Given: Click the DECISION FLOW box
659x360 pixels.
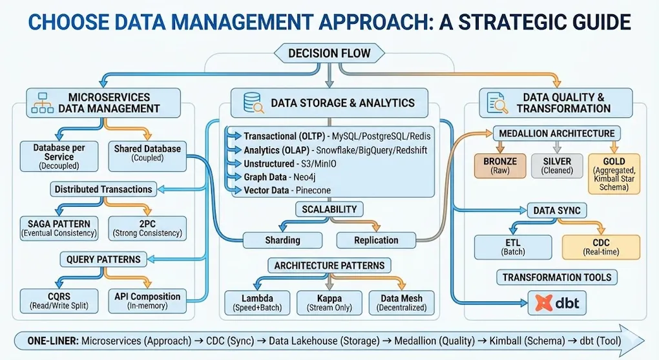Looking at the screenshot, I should pyautogui.click(x=329, y=53).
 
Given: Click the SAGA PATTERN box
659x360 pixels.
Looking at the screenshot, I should pyautogui.click(x=55, y=228).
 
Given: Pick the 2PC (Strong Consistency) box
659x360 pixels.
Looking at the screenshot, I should pyautogui.click(x=147, y=228).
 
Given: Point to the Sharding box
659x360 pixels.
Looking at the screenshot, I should pyautogui.click(x=283, y=240).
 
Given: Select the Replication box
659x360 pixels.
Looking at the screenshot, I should pyautogui.click(x=376, y=240).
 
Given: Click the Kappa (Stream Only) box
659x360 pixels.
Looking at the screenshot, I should pyautogui.click(x=329, y=302).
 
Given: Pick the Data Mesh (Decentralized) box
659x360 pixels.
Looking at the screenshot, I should pyautogui.click(x=402, y=302).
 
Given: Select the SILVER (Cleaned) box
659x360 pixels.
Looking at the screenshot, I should pyautogui.click(x=556, y=165).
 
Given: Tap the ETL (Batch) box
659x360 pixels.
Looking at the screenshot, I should pyautogui.click(x=513, y=246).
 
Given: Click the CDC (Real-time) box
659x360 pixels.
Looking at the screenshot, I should pyautogui.click(x=601, y=246).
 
